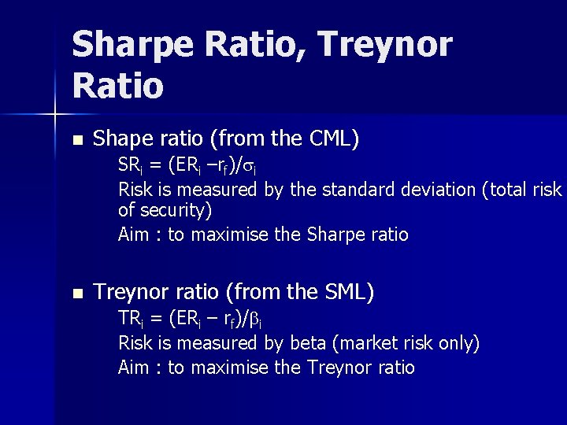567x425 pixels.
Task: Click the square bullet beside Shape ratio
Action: pyautogui.click(x=76, y=140)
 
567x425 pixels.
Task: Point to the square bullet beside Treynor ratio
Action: pyautogui.click(x=76, y=294)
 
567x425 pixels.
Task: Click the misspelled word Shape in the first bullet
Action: pyautogui.click(x=117, y=139)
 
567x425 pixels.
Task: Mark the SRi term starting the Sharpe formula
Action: pyautogui.click(x=129, y=166)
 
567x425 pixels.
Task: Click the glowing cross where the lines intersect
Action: pyautogui.click(x=56, y=115)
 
